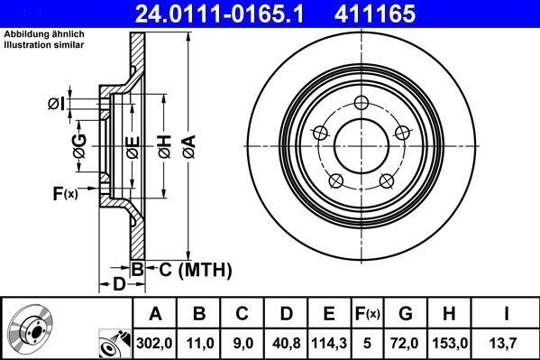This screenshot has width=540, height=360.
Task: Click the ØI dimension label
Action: [56, 104]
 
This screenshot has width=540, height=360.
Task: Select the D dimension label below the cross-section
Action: [119, 285]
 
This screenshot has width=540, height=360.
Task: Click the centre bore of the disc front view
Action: [362, 144]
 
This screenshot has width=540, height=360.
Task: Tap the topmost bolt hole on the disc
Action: [362, 102]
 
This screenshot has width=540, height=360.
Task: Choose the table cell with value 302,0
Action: [156, 343]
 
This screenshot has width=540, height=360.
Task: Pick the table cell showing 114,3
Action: [328, 343]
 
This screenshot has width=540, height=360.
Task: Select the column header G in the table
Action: [406, 313]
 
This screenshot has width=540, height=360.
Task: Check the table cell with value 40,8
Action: [286, 343]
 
